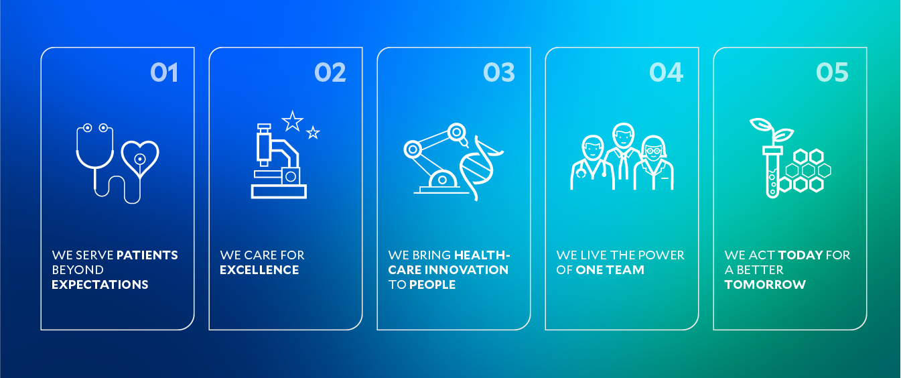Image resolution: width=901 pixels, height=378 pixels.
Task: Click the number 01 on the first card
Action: pos(164,72)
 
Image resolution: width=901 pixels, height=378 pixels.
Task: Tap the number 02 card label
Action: pos(330,72)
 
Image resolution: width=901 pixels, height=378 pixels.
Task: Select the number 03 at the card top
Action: pos(499,72)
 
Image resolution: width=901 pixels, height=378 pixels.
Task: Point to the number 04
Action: pos(667,72)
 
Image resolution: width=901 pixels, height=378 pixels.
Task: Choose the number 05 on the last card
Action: pos(833,72)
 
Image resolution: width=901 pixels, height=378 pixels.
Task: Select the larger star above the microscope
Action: pos(292,121)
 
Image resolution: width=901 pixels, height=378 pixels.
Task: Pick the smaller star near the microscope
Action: pos(313,133)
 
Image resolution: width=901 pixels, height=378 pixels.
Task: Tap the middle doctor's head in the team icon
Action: pos(623,136)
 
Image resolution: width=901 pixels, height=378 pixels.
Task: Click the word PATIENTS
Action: pos(147,255)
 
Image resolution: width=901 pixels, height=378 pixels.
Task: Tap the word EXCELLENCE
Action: pos(259,270)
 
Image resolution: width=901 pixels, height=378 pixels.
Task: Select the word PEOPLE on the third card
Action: pos(432,285)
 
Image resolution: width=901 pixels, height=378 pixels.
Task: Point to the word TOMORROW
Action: pos(765,285)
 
